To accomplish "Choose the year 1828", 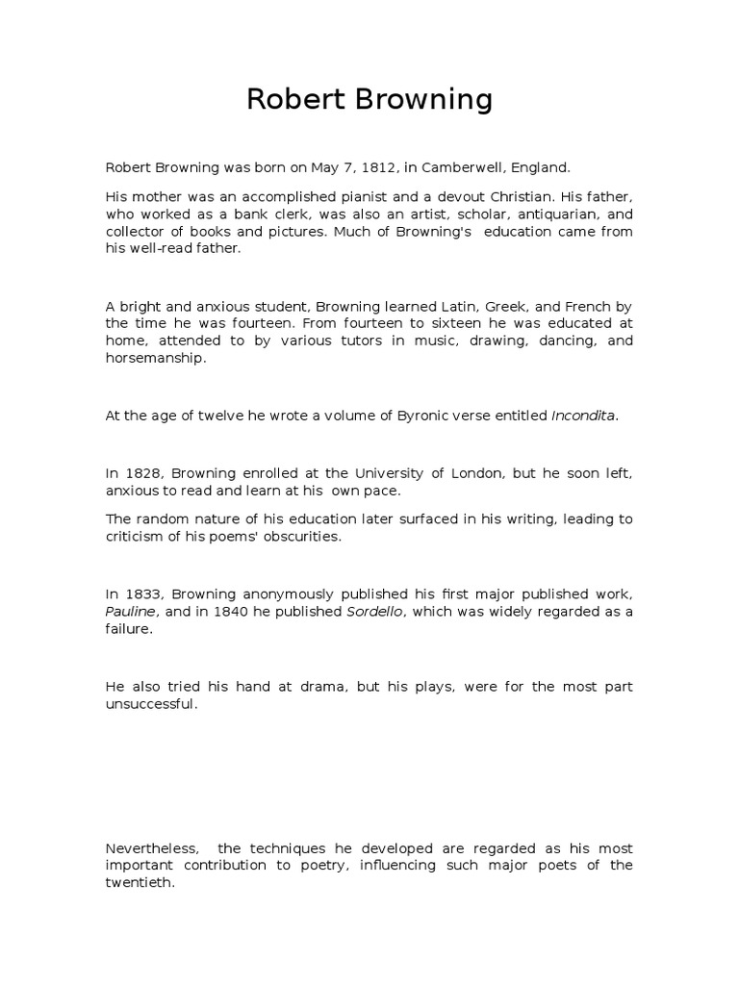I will click(x=140, y=474).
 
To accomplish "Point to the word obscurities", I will click(x=301, y=537).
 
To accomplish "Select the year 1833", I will click(x=140, y=595).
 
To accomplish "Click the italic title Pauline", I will click(x=128, y=612).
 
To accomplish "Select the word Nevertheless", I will click(x=153, y=849).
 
